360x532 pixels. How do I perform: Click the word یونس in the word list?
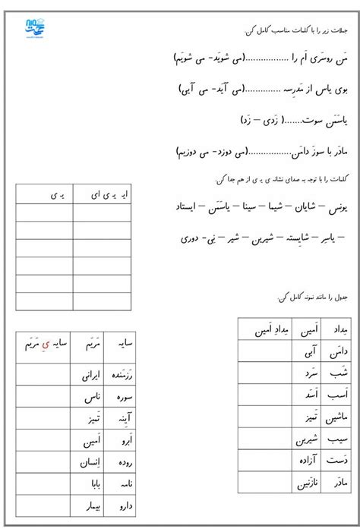336,206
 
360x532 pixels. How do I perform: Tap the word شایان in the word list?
304,206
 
